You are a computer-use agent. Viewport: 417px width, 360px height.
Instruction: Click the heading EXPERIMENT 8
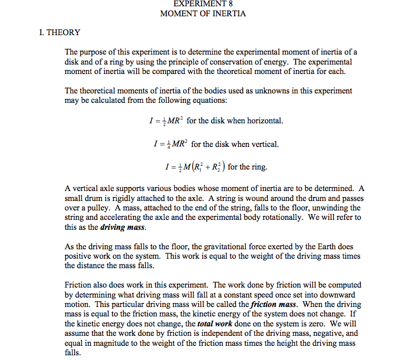203,4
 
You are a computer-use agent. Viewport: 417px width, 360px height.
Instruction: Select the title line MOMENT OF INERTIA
203,13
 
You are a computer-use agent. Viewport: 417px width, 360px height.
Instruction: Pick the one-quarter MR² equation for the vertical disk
169,144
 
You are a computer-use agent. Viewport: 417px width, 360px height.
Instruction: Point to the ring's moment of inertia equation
192,167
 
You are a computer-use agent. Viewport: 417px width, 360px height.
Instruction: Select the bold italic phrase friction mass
270,304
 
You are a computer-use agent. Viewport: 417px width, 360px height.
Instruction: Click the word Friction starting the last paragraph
78,285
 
